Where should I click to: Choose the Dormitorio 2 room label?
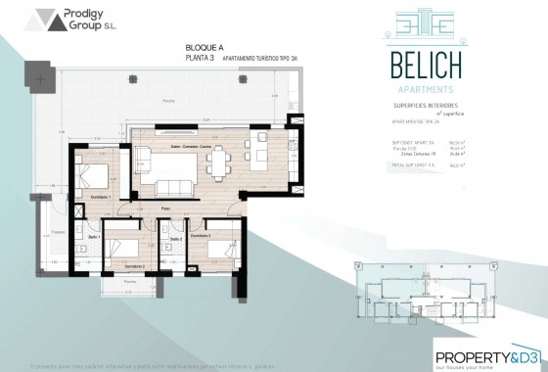tap(134, 265)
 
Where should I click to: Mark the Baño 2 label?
tap(175, 238)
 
